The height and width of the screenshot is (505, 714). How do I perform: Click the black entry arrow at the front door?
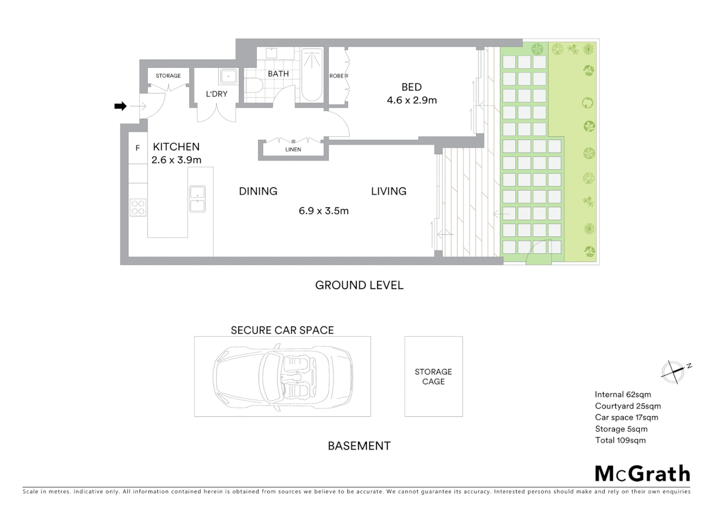click(121, 106)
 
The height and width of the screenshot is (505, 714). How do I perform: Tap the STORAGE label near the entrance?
click(168, 76)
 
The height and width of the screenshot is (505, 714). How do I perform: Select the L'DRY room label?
click(217, 94)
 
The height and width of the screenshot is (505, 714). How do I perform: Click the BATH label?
click(278, 74)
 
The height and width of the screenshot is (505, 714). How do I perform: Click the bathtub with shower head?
click(312, 75)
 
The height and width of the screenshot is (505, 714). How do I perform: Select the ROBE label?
click(336, 76)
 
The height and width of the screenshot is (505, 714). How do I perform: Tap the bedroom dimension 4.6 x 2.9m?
click(412, 100)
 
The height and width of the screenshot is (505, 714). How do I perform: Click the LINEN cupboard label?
click(293, 150)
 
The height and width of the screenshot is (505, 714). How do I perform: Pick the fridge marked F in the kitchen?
click(138, 148)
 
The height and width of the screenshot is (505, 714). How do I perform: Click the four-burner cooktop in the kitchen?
click(138, 207)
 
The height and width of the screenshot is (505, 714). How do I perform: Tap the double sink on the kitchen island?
click(197, 199)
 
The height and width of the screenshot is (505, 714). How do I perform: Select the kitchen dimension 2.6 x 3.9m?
click(176, 160)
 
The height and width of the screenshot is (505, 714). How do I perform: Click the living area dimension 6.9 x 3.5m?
click(324, 211)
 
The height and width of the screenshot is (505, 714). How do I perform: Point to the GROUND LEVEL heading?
click(359, 285)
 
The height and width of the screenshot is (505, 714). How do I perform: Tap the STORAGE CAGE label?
click(433, 376)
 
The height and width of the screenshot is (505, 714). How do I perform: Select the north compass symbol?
click(673, 372)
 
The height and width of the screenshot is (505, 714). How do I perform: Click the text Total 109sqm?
click(620, 440)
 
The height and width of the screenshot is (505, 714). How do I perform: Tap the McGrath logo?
click(643, 474)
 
